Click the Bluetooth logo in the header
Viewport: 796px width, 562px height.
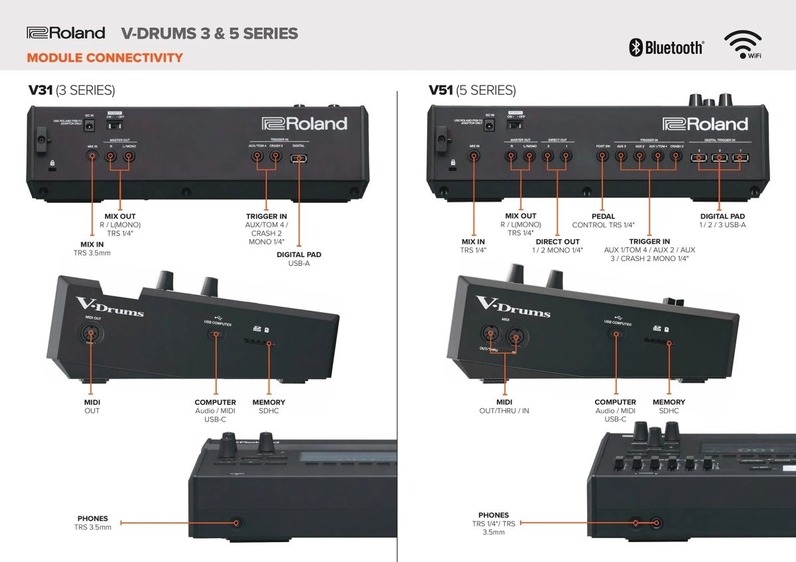click(666, 47)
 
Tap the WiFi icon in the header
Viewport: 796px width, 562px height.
click(742, 45)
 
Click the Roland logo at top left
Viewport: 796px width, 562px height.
click(66, 32)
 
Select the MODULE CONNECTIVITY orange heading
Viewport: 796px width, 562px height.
click(105, 58)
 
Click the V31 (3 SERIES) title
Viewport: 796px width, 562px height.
click(71, 90)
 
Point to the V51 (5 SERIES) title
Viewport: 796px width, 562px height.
click(472, 90)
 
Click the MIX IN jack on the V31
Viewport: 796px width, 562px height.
click(92, 157)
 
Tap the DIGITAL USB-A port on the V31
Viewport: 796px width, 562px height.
click(299, 158)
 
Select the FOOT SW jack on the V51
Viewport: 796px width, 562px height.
click(602, 157)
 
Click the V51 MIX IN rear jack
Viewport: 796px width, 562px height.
click(474, 157)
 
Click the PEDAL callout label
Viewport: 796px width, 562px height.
click(603, 217)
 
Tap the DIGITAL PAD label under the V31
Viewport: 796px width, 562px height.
click(298, 254)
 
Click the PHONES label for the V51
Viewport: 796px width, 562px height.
click(494, 515)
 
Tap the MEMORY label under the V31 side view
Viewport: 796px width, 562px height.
click(269, 402)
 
